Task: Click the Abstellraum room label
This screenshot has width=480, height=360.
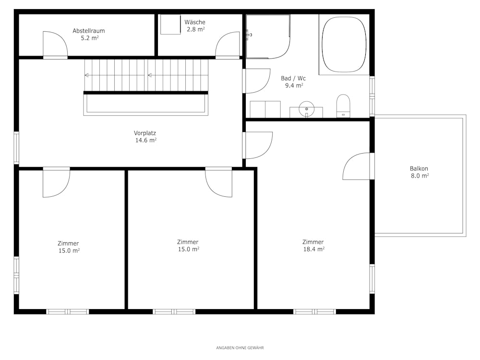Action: pyautogui.click(x=89, y=31)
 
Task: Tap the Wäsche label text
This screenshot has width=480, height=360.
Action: pyautogui.click(x=195, y=22)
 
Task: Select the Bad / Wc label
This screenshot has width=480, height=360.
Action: pyautogui.click(x=293, y=78)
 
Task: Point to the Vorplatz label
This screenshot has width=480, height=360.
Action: pyautogui.click(x=145, y=133)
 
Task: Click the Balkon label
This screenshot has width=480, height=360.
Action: pyautogui.click(x=419, y=168)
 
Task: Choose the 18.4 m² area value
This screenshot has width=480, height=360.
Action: pyautogui.click(x=314, y=249)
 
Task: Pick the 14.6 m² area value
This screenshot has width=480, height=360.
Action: pyautogui.click(x=146, y=140)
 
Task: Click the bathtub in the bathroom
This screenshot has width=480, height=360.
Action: pyautogui.click(x=344, y=44)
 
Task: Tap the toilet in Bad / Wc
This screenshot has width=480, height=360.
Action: pyautogui.click(x=343, y=106)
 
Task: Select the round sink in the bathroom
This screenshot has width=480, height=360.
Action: pyautogui.click(x=306, y=108)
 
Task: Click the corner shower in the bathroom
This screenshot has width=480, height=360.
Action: pyautogui.click(x=268, y=36)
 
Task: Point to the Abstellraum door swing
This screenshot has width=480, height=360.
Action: pyautogui.click(x=55, y=45)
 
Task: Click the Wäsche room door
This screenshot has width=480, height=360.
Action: pyautogui.click(x=228, y=45)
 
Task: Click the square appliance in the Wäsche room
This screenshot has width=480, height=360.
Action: pyautogui.click(x=170, y=24)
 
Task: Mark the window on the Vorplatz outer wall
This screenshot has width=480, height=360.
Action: pyautogui.click(x=16, y=148)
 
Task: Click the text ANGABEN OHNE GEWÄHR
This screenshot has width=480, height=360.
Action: pyautogui.click(x=240, y=348)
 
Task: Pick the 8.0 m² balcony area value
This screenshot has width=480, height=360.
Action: pyautogui.click(x=420, y=176)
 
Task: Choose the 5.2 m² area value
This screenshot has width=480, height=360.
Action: pyautogui.click(x=90, y=38)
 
